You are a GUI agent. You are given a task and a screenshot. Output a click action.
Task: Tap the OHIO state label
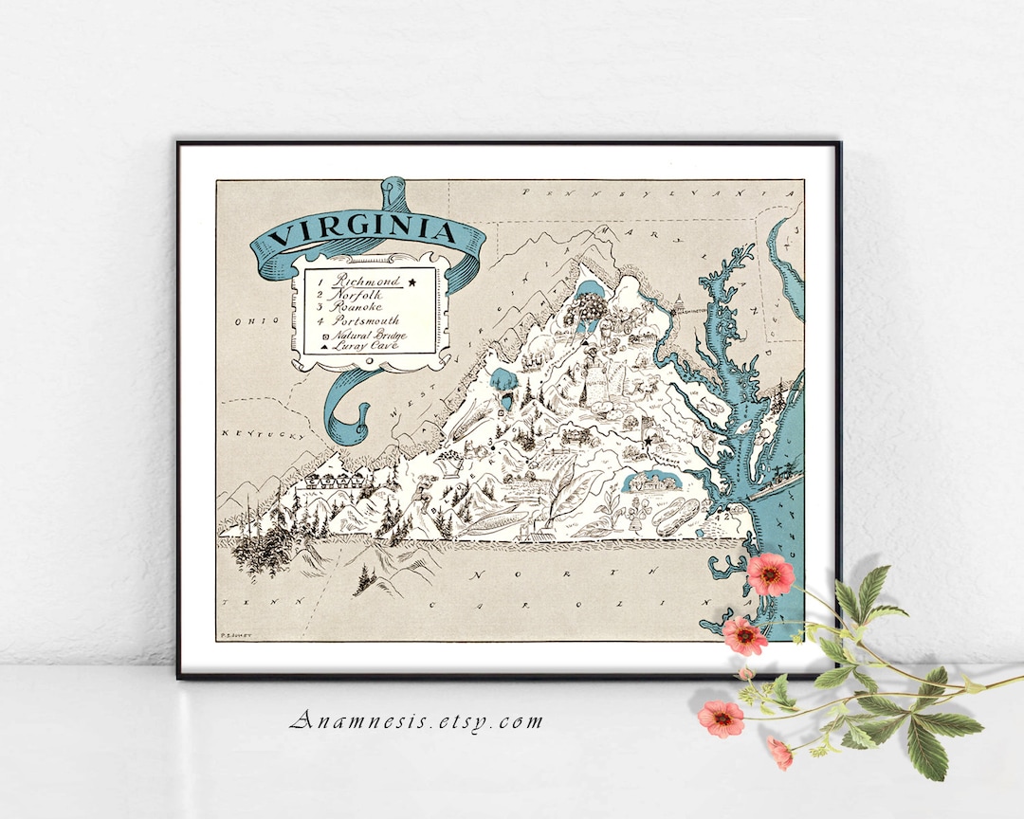click(252, 321)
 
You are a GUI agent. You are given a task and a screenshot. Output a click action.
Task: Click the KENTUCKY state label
click(260, 433)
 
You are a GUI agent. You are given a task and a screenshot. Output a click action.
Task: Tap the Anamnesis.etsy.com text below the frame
click(417, 721)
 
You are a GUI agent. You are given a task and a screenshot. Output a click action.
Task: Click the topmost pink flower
click(770, 573)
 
